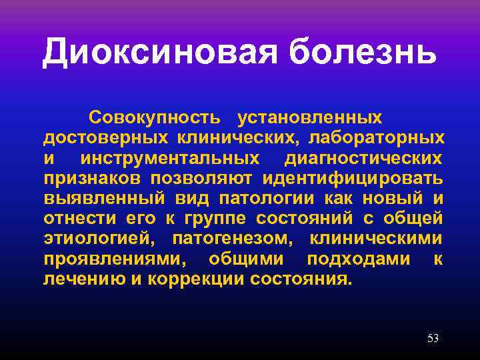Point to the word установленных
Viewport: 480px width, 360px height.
tap(310, 118)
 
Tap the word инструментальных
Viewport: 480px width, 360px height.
tap(170, 158)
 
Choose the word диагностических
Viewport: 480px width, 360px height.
tap(363, 158)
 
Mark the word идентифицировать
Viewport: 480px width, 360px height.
tap(352, 178)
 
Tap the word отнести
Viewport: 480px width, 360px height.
tap(74, 218)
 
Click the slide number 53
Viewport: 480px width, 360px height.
tap(433, 339)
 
